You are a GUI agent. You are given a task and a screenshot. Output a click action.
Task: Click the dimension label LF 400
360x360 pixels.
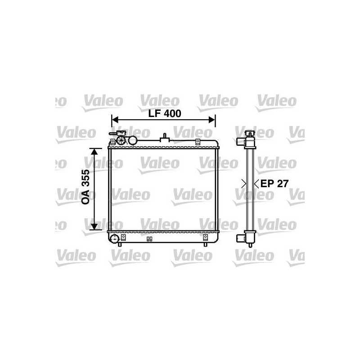point(165,113)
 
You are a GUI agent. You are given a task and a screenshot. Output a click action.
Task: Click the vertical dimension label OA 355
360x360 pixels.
point(85,187)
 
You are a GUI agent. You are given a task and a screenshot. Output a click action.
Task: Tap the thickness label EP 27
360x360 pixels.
point(274,184)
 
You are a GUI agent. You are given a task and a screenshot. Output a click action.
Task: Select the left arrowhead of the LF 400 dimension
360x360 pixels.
point(115,119)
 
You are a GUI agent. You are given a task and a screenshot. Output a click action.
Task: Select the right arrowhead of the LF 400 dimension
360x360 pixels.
point(212,119)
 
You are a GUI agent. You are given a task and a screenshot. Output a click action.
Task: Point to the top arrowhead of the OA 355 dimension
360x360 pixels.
point(94,152)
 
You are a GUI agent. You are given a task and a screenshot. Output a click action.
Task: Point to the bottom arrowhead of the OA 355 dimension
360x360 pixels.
point(94,226)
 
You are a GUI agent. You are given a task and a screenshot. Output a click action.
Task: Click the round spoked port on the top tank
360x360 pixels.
point(121,140)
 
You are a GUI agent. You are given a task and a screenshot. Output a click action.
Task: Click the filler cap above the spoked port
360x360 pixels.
point(121,133)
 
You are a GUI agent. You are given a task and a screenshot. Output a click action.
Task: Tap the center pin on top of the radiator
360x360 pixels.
point(164,138)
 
